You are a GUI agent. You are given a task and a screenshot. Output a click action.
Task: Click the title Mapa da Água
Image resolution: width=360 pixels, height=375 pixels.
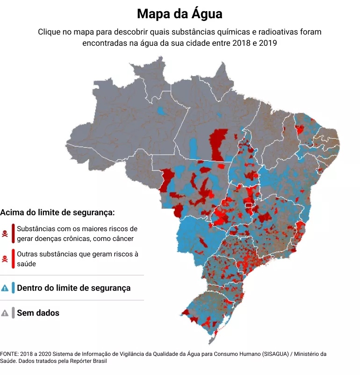coord(180,14)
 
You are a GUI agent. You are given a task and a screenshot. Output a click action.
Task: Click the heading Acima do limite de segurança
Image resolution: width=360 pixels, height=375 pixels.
coord(58,212)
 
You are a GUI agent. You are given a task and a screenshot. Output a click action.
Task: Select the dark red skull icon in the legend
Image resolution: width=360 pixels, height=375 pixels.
coord(5,233)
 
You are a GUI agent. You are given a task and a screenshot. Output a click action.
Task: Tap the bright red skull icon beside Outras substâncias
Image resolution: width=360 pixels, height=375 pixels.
coord(5,259)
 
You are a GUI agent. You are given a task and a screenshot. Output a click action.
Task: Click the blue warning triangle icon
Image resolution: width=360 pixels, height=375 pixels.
coord(5,288)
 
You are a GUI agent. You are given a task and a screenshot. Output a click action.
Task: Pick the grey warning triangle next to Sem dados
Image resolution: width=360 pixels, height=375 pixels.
coord(5,313)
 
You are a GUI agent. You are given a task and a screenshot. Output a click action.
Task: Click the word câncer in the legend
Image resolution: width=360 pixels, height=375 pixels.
coord(122,239)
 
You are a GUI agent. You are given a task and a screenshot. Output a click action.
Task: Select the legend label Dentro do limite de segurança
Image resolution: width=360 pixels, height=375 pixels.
coord(73,288)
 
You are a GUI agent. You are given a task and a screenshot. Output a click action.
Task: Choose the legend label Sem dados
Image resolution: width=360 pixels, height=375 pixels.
coord(38,313)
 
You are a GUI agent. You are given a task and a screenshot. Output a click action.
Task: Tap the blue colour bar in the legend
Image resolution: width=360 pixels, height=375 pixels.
coord(13,288)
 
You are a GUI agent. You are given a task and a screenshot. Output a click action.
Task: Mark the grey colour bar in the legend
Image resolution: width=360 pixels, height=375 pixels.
coord(13,313)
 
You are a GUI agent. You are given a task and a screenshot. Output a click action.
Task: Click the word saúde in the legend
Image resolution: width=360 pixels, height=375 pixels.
coord(27,264)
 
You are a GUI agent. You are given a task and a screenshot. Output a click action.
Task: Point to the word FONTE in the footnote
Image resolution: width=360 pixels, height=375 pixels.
coord(9,354)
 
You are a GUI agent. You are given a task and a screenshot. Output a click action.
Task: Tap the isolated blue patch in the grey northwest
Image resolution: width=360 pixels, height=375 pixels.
coord(162,112)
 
